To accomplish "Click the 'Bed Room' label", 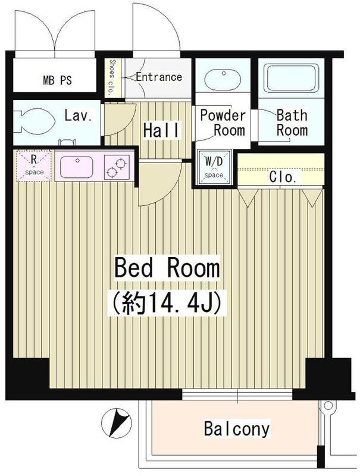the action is coord(167,268).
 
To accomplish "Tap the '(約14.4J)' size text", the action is coord(167,303).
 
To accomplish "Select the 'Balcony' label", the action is coord(237,428).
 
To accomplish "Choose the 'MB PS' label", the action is coord(57,80).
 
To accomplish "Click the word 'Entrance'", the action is coord(159,77).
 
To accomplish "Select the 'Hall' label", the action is coord(161,130).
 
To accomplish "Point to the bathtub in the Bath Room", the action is coord(291,78).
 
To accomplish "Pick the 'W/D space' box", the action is coord(214,167).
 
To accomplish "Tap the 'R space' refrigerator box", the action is coord(34,165).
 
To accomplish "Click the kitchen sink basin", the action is coord(77,167).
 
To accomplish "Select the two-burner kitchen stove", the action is coord(117,167).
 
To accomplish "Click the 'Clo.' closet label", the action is coord(283,177).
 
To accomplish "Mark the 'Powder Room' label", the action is coord(223,123).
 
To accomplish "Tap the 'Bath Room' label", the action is coord(292,123).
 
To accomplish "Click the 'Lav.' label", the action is coord(79,115).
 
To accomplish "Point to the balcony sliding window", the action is coord(237,394).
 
